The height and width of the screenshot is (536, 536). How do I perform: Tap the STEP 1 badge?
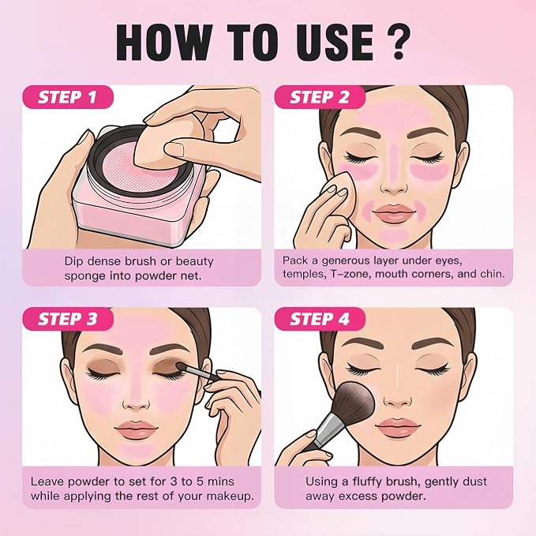coord(67,97)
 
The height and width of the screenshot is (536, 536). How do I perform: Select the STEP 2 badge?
coord(320,97)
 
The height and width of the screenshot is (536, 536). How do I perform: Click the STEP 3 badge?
coord(67,319)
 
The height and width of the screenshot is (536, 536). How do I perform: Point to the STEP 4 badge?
coord(320,319)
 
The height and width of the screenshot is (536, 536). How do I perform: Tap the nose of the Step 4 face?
coord(395,398)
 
